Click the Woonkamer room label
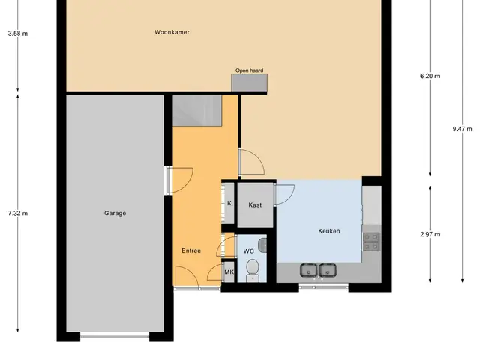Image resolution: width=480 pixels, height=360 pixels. (x=172, y=32)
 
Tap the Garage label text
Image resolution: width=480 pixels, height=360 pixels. (x=115, y=213)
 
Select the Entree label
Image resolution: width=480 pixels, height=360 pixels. (x=191, y=250)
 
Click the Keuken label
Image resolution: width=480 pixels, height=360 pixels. (x=329, y=231)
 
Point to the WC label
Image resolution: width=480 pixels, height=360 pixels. (x=248, y=251)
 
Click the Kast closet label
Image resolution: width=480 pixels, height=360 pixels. (x=255, y=205)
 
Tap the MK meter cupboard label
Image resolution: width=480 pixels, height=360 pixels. (x=229, y=271)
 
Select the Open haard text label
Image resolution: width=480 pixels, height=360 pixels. (x=249, y=70)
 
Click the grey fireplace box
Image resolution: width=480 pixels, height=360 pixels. (x=249, y=82)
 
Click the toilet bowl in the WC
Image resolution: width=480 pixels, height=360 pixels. (x=253, y=269)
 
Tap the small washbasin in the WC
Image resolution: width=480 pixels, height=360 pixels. (x=262, y=245)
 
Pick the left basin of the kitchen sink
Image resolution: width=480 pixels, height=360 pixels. (x=308, y=270)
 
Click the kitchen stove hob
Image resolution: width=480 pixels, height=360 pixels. (x=371, y=241)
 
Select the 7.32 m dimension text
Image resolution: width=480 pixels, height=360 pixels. (x=18, y=213)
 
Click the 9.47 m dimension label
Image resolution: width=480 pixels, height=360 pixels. (x=462, y=129)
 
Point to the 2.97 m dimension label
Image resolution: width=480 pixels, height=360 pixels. (x=430, y=235)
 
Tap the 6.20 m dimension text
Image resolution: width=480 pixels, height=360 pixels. (x=430, y=76)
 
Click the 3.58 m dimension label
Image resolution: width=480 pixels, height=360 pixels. (x=18, y=34)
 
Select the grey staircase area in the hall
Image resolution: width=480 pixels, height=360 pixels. (x=196, y=110)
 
